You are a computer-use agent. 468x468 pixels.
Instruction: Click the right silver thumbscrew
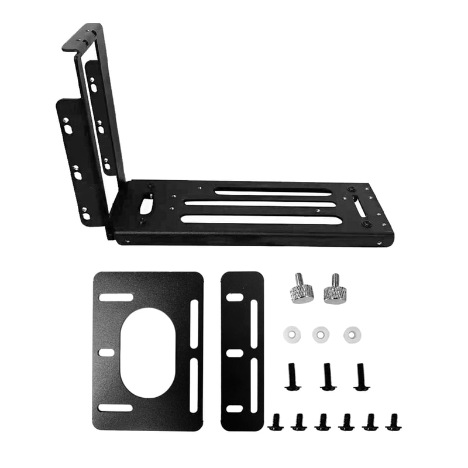(x=335, y=290)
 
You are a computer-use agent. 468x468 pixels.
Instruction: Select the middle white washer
(x=321, y=335)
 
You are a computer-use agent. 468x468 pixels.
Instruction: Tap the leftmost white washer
(x=292, y=335)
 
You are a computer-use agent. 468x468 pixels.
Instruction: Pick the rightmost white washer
(x=352, y=335)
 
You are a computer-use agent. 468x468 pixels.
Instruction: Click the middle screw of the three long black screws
(x=327, y=377)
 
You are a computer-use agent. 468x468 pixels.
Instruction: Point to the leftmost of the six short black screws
(x=276, y=421)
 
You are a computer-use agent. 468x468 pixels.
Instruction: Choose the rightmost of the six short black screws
(x=392, y=421)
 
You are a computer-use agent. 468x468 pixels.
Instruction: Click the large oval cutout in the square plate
(x=147, y=353)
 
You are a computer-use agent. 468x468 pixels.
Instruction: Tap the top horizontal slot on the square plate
(x=116, y=298)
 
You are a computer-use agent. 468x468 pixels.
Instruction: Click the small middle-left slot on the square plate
(x=106, y=353)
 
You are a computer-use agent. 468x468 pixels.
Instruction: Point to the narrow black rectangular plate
(x=242, y=351)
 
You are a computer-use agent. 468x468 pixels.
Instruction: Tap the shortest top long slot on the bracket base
(x=273, y=191)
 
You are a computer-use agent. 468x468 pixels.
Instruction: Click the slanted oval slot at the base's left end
(x=144, y=206)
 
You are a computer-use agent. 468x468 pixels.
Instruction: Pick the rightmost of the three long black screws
(x=360, y=377)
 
